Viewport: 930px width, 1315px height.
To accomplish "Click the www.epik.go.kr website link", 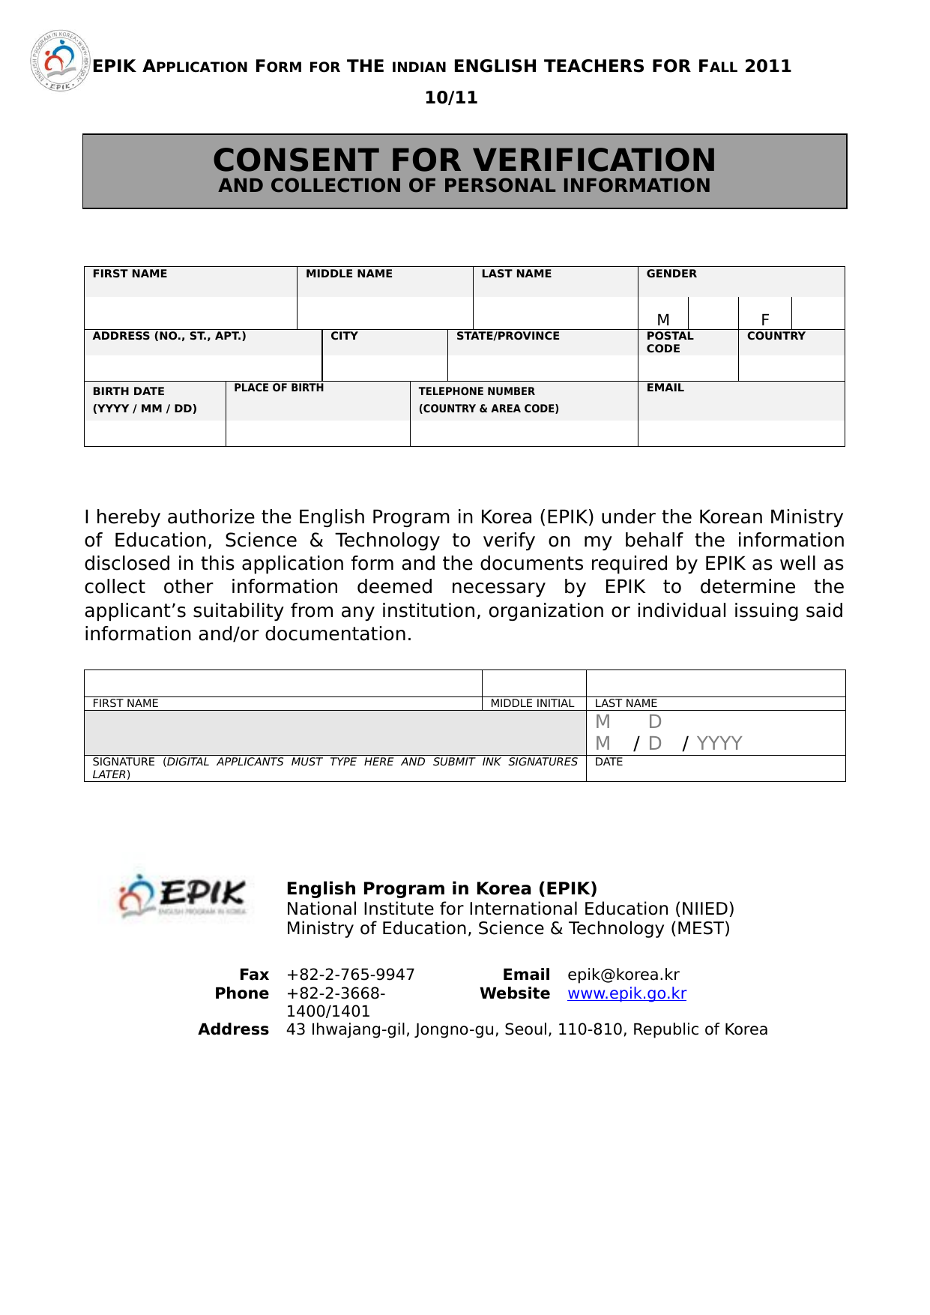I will point(626,993).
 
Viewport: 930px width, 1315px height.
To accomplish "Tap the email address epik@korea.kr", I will point(623,975).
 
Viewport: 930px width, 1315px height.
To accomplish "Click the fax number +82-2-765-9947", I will point(350,975).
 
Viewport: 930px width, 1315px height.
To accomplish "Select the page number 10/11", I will point(450,97).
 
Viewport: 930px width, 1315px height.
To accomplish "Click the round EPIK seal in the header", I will point(60,61).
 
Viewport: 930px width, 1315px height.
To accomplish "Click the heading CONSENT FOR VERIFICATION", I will point(464,160).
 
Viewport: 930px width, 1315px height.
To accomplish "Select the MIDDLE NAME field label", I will point(348,274).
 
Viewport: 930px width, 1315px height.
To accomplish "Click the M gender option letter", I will point(663,319).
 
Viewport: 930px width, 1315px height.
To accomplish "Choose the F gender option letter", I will point(764,319).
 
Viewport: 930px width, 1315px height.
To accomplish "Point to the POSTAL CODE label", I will point(669,342).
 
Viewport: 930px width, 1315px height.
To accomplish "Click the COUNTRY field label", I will point(776,336).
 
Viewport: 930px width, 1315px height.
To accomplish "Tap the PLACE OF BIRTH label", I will point(279,388).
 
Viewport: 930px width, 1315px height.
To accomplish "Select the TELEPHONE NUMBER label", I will point(477,391).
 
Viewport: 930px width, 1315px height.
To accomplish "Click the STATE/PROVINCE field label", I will point(507,336).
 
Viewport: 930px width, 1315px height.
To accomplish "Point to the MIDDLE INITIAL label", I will point(532,703).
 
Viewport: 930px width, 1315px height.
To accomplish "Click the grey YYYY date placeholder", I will point(719,743).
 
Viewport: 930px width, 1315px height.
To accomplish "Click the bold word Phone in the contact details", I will point(241,993).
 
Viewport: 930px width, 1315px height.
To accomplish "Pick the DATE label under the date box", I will point(609,762).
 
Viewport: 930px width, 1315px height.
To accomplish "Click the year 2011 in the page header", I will point(767,66).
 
